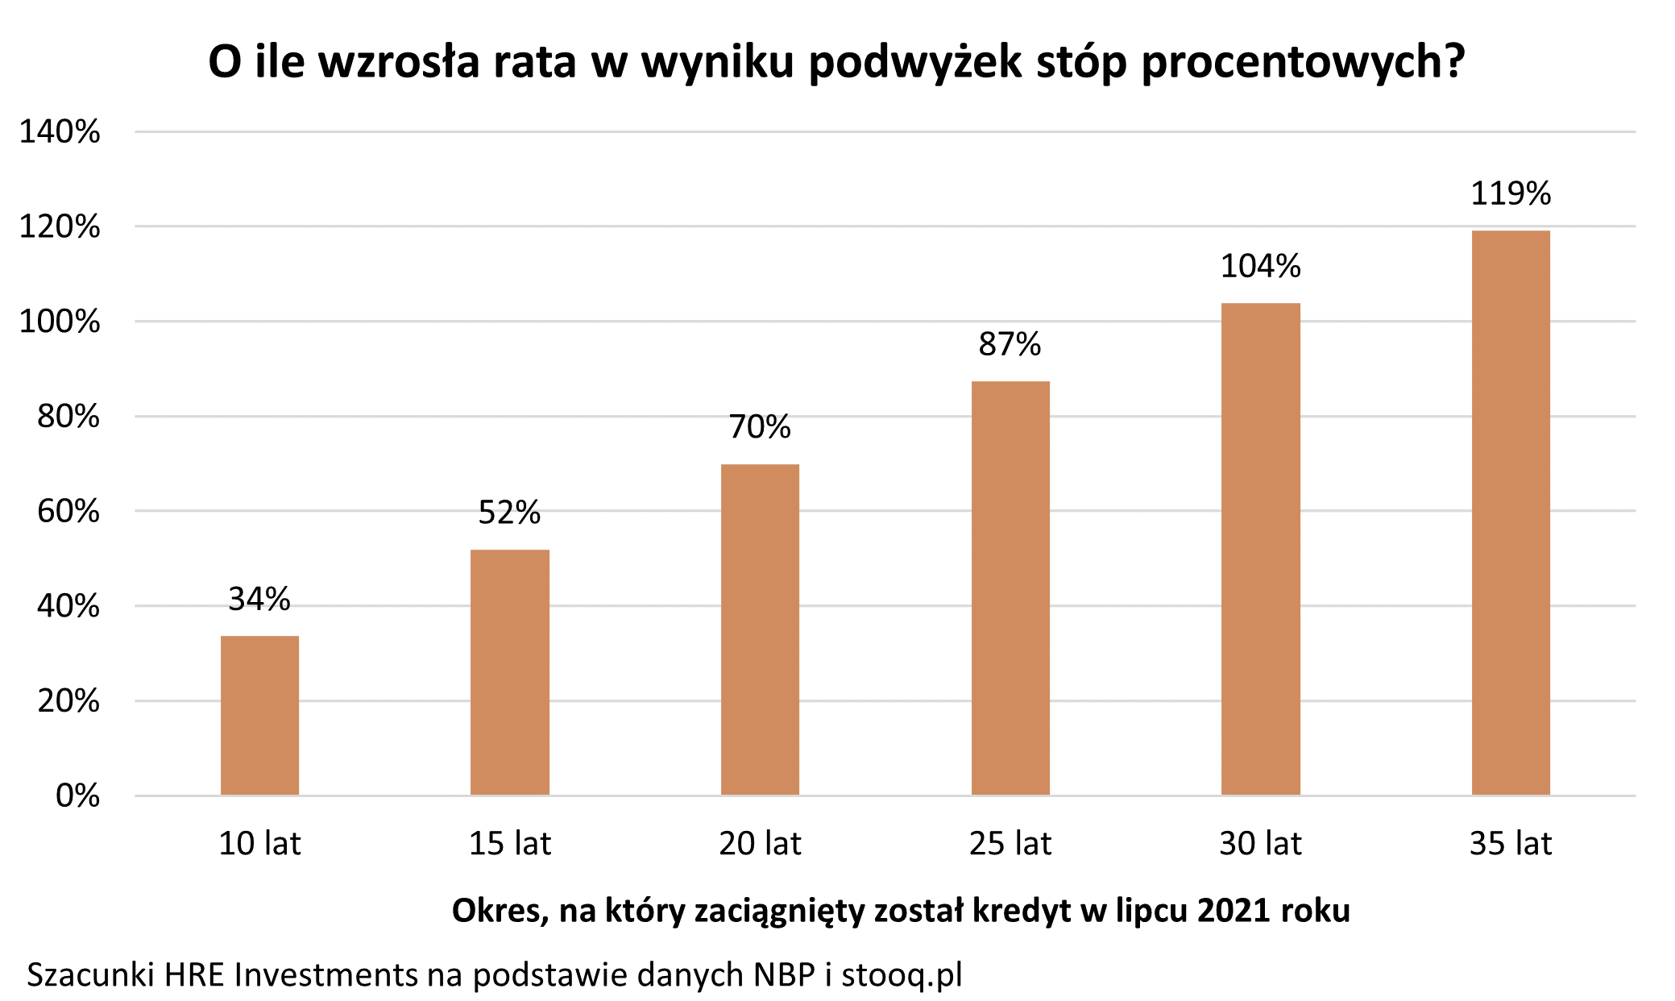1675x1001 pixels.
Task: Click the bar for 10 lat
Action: pos(259,715)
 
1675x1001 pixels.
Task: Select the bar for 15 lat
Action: pos(510,672)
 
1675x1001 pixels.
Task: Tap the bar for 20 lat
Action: pos(760,629)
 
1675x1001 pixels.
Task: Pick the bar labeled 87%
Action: pos(1010,588)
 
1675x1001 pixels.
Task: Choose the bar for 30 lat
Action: pos(1260,549)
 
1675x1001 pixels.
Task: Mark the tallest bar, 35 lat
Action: pos(1511,513)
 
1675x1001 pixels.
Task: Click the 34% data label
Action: pos(259,599)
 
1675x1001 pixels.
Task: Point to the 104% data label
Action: pos(1260,266)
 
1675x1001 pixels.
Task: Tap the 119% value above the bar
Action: pos(1511,193)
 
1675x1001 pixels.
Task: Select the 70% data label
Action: pos(760,426)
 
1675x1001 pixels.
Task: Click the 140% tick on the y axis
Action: pos(60,131)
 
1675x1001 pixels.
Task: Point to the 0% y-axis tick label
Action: pos(77,795)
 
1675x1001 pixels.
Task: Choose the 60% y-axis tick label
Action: pos(68,511)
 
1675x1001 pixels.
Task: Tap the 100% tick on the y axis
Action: pos(60,322)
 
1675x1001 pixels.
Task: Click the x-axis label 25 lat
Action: pos(1010,844)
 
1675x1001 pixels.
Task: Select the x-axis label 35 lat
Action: pos(1511,844)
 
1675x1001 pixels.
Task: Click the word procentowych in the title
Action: pos(1303,62)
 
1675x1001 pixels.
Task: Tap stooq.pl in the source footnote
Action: pos(902,975)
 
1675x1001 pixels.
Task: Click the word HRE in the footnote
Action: pos(196,975)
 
